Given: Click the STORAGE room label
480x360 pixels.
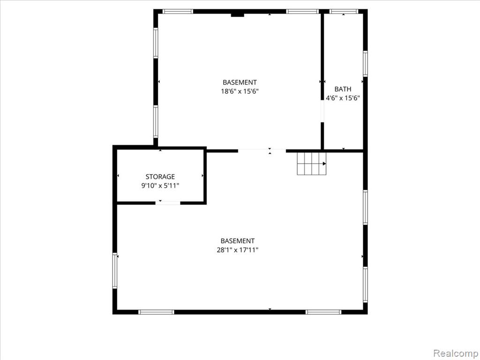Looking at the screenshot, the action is click(160, 177).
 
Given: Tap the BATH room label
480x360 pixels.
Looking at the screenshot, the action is click(343, 89).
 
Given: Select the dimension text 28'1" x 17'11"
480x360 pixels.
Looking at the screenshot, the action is click(238, 250).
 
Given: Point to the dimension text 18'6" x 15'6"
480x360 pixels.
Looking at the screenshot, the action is click(240, 91).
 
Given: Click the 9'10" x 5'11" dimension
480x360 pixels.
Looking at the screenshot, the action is click(160, 186).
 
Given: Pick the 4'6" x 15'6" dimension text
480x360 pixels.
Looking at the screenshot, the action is click(343, 98).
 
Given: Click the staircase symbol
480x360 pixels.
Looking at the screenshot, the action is click(312, 164).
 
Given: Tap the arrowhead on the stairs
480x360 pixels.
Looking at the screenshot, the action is click(324, 164).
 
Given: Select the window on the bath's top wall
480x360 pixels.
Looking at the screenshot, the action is click(344, 12).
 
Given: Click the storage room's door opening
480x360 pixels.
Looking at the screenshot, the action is click(168, 202).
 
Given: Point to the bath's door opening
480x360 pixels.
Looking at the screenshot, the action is click(322, 112).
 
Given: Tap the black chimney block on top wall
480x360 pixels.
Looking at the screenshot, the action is click(237, 15).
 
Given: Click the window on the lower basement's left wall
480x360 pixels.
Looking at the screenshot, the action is click(115, 270).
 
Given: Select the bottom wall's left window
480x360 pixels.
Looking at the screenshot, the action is click(156, 312).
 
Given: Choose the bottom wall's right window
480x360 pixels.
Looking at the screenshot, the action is click(323, 312).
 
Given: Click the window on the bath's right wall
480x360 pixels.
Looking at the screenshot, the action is click(365, 64).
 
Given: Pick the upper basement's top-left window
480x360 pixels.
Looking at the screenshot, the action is click(178, 12).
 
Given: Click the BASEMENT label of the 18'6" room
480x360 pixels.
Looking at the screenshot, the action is click(240, 82).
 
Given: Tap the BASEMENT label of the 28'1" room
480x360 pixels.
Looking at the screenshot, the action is click(238, 241).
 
